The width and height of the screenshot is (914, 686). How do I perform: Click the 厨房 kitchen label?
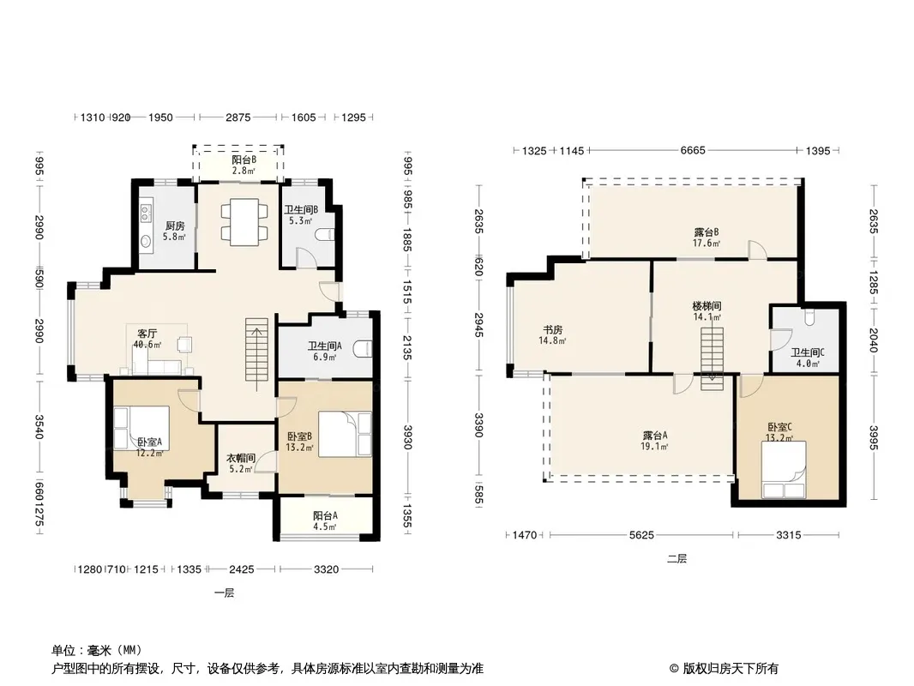(x=175, y=226)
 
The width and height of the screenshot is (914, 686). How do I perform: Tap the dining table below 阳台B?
(x=244, y=222)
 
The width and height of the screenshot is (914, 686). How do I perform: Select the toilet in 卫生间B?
(x=325, y=235)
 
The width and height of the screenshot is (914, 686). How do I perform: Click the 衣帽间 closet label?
(x=241, y=458)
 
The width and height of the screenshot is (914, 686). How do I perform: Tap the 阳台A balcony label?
(x=325, y=516)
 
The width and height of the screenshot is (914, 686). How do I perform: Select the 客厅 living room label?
(x=147, y=334)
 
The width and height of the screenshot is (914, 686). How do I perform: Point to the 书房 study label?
(x=552, y=330)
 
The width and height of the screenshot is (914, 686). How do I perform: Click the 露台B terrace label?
(x=706, y=232)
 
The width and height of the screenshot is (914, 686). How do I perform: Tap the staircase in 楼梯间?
(x=712, y=358)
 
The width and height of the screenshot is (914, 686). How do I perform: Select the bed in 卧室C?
(x=784, y=470)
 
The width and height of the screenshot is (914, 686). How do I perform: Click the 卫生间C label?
(x=808, y=352)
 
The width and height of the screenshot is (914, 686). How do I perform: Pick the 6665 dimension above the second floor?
(x=693, y=150)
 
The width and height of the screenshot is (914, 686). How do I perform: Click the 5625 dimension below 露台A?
(x=641, y=534)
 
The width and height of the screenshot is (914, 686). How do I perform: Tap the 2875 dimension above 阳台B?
(x=238, y=117)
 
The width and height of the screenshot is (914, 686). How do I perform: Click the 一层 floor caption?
(x=225, y=593)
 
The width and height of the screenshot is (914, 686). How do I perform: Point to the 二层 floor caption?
(x=676, y=559)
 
